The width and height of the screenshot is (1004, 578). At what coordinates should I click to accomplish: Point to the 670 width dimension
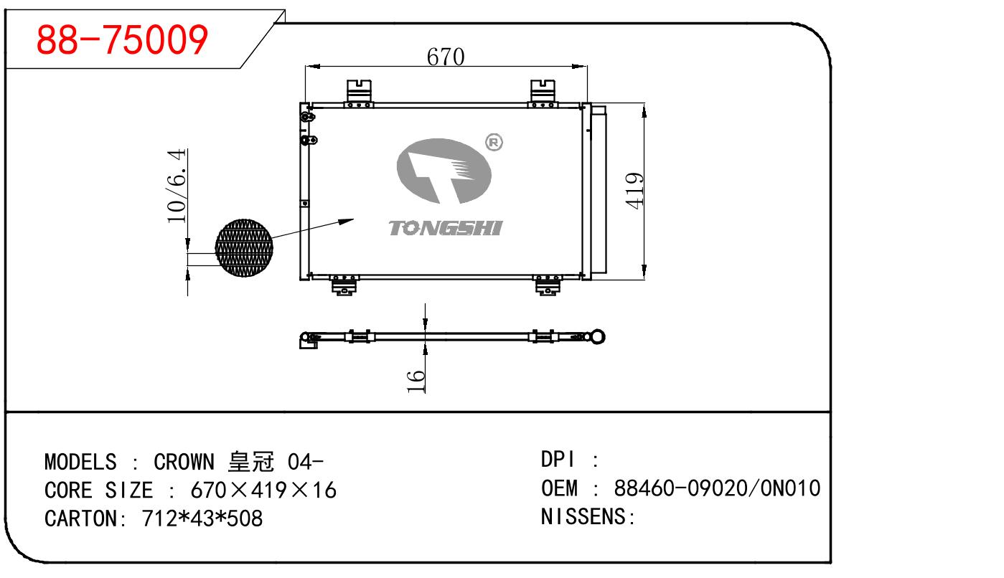click(x=446, y=56)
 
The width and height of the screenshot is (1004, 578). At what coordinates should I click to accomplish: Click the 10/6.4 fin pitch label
click(x=177, y=185)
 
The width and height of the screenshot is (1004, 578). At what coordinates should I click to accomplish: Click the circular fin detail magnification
click(x=244, y=247)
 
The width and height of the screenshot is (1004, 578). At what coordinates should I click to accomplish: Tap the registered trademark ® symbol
click(x=494, y=143)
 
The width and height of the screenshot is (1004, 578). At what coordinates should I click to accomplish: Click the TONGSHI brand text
click(x=446, y=228)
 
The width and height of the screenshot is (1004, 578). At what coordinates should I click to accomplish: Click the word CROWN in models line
click(x=183, y=461)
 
